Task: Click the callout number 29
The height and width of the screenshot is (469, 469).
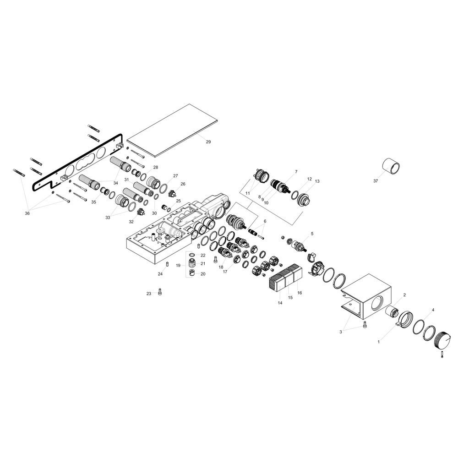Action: (208, 142)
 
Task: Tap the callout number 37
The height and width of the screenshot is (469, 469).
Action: (376, 181)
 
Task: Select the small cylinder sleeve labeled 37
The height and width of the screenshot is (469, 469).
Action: (392, 166)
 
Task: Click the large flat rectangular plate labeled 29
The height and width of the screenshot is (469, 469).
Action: (172, 131)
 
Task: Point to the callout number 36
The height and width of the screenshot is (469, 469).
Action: (27, 213)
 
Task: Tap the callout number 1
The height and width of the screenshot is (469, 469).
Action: (379, 342)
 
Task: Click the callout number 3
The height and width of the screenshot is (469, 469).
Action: (340, 332)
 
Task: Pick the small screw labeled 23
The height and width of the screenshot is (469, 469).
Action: (159, 292)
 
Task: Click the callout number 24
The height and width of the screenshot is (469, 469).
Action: (160, 274)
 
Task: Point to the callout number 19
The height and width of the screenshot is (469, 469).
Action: (178, 265)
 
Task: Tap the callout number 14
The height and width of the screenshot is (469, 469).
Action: (280, 303)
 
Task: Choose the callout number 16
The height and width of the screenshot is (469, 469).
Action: (300, 293)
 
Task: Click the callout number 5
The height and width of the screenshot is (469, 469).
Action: (312, 234)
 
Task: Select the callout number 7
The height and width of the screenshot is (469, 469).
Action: (296, 172)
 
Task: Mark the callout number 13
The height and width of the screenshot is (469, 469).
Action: (317, 181)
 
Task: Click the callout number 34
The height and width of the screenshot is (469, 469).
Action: (116, 183)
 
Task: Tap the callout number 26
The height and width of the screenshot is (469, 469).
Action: (183, 184)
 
